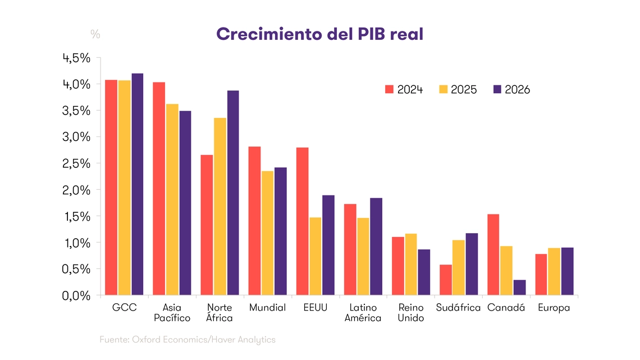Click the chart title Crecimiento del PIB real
pyautogui.click(x=319, y=34)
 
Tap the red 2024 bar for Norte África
pyautogui.click(x=207, y=225)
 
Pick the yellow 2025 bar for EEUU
pyautogui.click(x=316, y=256)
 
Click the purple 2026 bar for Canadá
pyautogui.click(x=520, y=288)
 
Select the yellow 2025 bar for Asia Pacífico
pyautogui.click(x=172, y=199)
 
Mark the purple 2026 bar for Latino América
pyautogui.click(x=375, y=247)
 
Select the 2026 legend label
pyautogui.click(x=517, y=89)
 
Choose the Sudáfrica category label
pyautogui.click(x=458, y=308)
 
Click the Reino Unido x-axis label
pyautogui.click(x=410, y=313)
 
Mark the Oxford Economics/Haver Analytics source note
pyautogui.click(x=188, y=339)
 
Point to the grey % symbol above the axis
pyautogui.click(x=95, y=34)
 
